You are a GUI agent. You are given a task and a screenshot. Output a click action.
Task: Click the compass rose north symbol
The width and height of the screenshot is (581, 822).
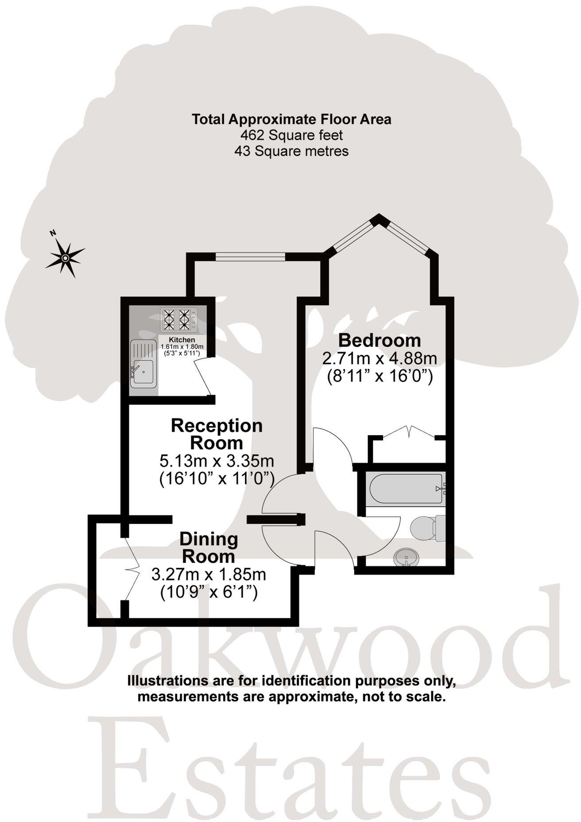point(65,257)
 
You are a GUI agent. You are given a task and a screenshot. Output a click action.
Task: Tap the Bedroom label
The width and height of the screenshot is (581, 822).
point(380,341)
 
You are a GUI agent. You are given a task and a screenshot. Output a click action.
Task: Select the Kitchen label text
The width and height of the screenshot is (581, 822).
point(182,340)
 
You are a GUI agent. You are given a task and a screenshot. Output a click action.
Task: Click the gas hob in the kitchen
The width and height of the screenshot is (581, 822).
point(178,319)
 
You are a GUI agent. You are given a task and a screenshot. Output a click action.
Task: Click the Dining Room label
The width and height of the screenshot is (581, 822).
point(209,547)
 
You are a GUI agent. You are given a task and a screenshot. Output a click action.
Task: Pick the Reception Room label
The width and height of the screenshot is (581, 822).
point(217,434)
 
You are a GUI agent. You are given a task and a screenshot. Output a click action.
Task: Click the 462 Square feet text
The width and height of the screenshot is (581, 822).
point(291,135)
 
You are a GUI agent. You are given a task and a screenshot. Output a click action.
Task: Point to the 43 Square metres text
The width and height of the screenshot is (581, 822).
point(291,151)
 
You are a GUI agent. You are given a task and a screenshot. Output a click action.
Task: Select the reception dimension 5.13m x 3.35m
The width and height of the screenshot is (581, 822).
point(217,461)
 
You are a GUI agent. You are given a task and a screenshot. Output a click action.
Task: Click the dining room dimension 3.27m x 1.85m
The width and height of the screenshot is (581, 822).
point(209,575)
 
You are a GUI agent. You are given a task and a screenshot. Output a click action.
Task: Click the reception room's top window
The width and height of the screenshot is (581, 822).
point(250,256)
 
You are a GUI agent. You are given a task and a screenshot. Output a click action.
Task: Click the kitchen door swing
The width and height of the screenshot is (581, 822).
point(204,376)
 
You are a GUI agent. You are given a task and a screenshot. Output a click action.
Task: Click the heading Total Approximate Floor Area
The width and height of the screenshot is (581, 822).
point(291,119)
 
